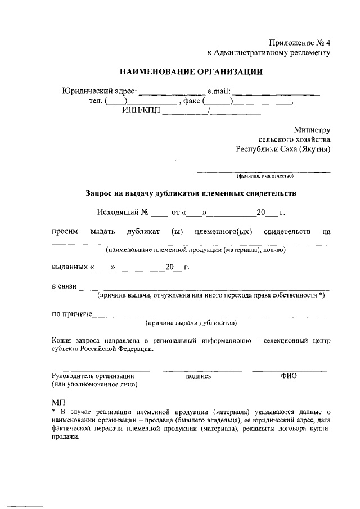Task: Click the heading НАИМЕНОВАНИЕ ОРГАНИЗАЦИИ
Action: (x=191, y=71)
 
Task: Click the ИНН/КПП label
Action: (x=141, y=111)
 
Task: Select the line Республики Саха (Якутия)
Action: (x=283, y=149)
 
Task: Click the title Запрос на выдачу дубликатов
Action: (x=191, y=193)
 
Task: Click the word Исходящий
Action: (x=118, y=213)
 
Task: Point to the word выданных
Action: (x=69, y=267)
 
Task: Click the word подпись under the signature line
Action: (x=198, y=376)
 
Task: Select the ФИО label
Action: (x=289, y=375)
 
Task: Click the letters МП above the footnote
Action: (x=58, y=403)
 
